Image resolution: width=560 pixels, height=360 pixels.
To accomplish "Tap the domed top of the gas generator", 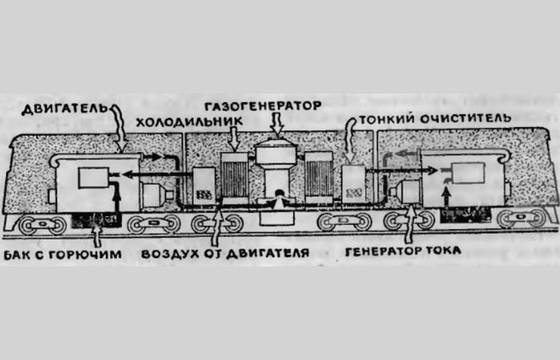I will tap(278, 152).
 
